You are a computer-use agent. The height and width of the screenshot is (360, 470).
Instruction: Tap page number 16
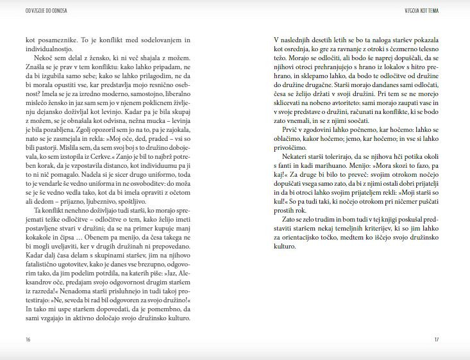(x=28, y=340)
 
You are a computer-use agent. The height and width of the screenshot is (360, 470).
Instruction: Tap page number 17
(x=436, y=340)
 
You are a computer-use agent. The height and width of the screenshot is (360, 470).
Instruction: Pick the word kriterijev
(x=390, y=236)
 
